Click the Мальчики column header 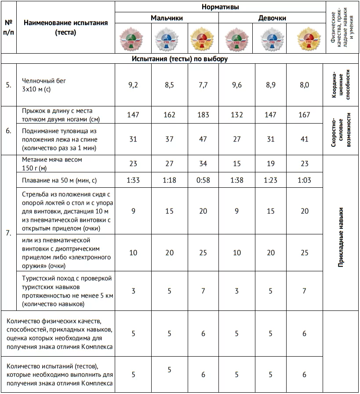[x=167, y=18]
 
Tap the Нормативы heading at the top [x=220, y=7]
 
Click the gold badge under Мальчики [x=203, y=38]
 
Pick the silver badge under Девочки [x=270, y=38]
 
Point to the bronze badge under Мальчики [x=133, y=38]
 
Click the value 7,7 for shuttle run [x=203, y=85]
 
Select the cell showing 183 [x=203, y=115]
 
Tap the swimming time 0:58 [x=203, y=180]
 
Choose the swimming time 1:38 [x=236, y=180]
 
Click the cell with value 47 [x=203, y=139]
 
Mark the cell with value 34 [x=203, y=163]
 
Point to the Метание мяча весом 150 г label [x=52, y=163]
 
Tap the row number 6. [x=8, y=131]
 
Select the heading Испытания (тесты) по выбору [x=179, y=58]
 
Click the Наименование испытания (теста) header [x=65, y=27]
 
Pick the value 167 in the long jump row [x=304, y=115]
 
